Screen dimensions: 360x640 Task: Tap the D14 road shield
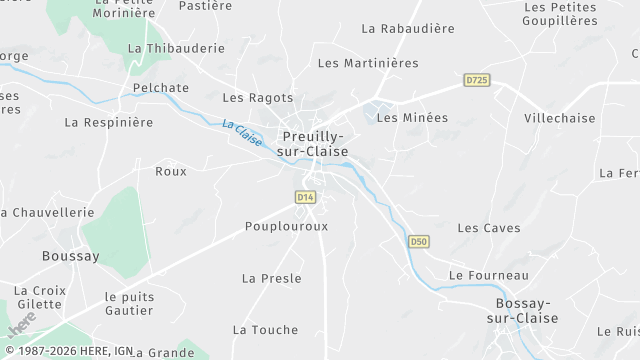tap(306, 198)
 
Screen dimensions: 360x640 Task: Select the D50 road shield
tap(419, 241)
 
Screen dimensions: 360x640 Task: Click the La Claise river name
tap(242, 134)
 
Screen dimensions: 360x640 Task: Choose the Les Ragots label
tap(258, 98)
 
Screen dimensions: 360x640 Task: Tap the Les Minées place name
tap(412, 117)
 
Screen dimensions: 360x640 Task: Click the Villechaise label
tap(559, 118)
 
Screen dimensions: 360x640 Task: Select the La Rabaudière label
tap(408, 29)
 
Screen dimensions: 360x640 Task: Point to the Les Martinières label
tap(368, 63)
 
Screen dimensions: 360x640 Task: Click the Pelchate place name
tap(161, 88)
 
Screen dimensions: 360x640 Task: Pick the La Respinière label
tap(109, 122)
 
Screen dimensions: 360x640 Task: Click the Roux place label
tap(171, 171)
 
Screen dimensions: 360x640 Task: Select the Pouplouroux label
tap(287, 226)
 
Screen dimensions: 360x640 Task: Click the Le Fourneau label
tap(489, 275)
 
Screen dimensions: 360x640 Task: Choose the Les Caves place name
tap(489, 228)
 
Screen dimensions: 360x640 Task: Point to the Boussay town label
tap(71, 256)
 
